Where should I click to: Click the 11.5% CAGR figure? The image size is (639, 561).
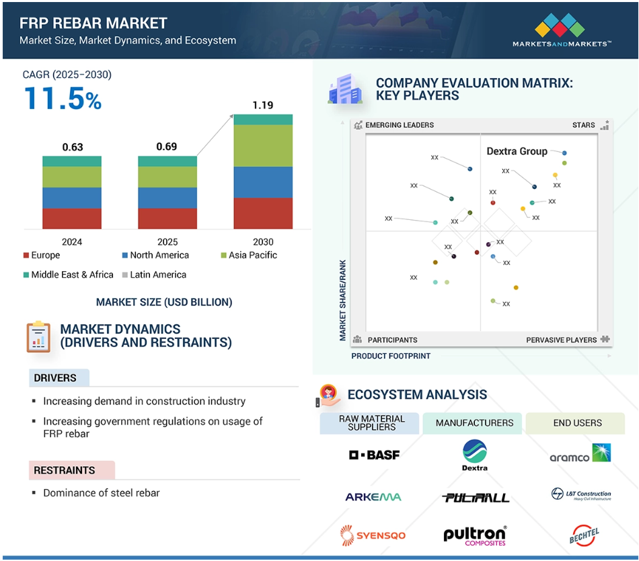click(x=63, y=99)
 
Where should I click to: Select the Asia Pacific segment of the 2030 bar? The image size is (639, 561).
click(x=263, y=145)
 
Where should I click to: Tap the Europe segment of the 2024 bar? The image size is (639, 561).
click(x=72, y=219)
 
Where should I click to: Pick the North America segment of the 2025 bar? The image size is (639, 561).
click(x=167, y=198)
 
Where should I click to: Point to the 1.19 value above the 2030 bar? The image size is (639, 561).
click(x=263, y=105)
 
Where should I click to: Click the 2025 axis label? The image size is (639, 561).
click(x=167, y=242)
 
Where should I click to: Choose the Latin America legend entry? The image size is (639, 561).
click(x=154, y=274)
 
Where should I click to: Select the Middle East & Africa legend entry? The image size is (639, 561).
click(x=69, y=274)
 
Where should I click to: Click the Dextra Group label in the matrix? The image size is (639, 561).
click(x=517, y=151)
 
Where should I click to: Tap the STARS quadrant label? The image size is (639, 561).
click(x=583, y=125)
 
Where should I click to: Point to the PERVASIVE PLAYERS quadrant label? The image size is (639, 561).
click(x=561, y=340)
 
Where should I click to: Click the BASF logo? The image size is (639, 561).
click(x=374, y=455)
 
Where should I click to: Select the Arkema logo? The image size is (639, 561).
click(x=373, y=497)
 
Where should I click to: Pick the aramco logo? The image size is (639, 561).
click(x=580, y=453)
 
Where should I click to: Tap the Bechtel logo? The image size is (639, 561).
click(x=584, y=535)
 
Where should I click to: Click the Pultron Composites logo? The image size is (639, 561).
click(x=475, y=535)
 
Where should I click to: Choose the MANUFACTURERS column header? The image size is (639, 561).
click(x=474, y=423)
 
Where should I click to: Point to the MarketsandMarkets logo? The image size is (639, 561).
click(x=562, y=30)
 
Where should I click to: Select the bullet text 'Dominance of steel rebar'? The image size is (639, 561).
click(x=101, y=493)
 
